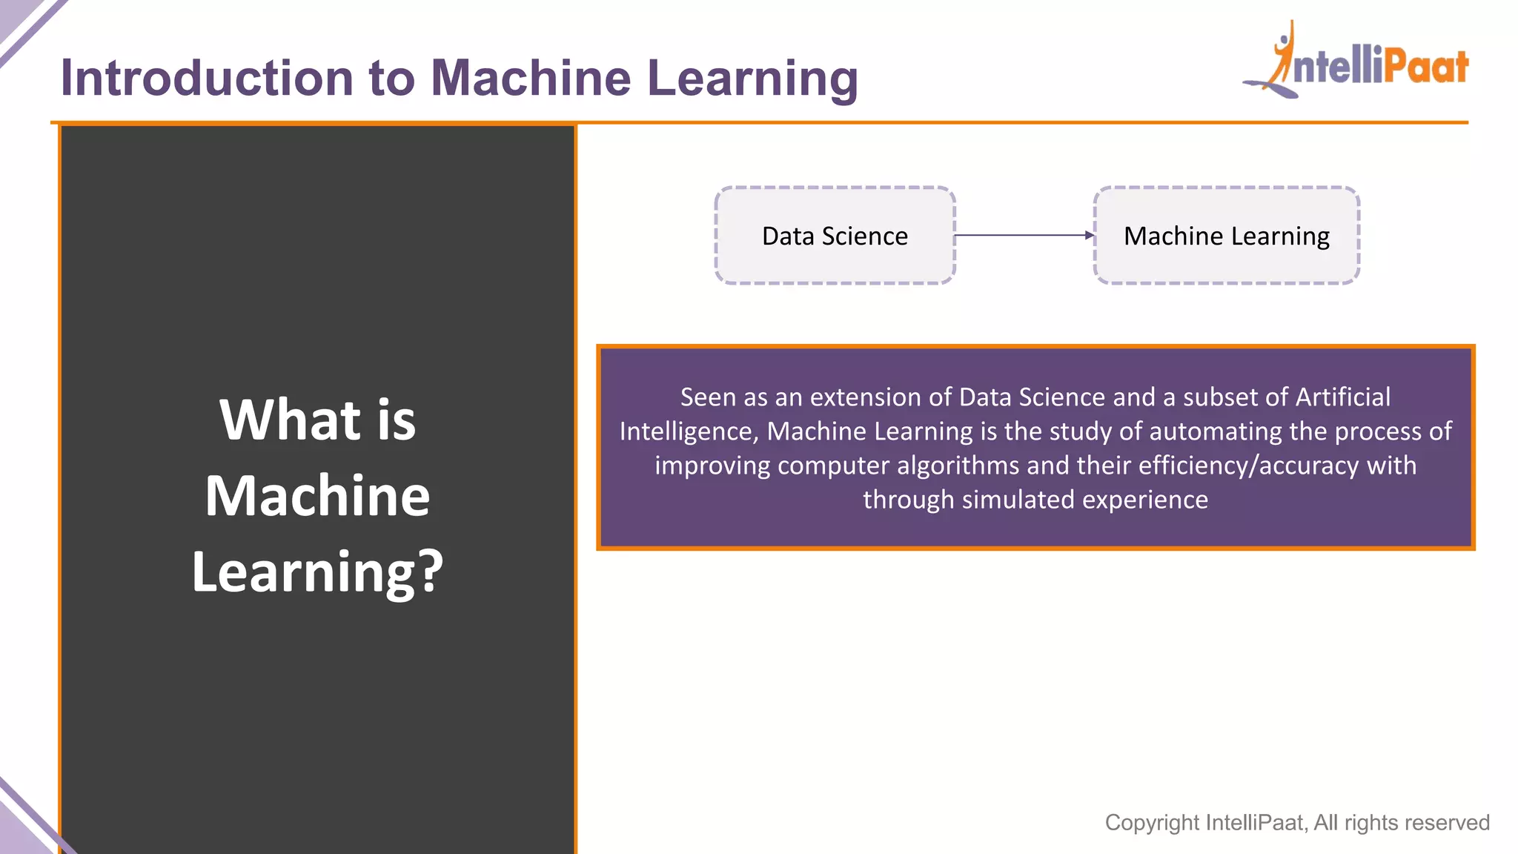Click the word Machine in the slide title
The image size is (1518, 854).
tap(531, 79)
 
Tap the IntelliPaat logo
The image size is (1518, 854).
tap(1356, 63)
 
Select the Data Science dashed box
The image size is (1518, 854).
tap(835, 236)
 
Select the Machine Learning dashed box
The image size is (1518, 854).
tap(1226, 236)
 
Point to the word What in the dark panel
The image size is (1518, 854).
tap(289, 420)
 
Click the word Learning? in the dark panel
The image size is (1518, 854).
tap(317, 572)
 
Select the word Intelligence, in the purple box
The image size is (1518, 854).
tap(689, 431)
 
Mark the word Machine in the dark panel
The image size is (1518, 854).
tap(317, 496)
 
